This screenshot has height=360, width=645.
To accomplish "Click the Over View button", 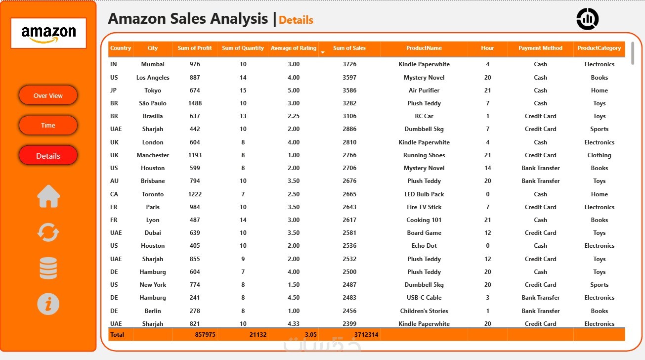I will point(48,95).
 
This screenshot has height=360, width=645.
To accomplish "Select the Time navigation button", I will point(48,125).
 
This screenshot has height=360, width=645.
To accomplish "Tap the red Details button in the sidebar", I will point(48,156).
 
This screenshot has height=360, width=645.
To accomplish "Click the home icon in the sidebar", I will point(48,196).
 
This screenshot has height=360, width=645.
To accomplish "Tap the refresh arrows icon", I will point(48,232).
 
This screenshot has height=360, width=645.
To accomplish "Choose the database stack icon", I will point(48,269).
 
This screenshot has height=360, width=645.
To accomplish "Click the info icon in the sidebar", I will point(48,304).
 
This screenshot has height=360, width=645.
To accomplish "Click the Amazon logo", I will point(48,33).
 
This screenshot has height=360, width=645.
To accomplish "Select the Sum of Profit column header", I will point(195,48).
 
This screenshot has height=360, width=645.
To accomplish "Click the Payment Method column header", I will point(540,48).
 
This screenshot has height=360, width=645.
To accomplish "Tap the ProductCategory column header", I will point(599,48).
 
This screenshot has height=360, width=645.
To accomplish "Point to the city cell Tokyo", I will point(153,90).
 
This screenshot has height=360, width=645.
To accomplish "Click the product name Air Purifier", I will point(424,90).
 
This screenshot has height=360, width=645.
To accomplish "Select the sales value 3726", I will point(349,64).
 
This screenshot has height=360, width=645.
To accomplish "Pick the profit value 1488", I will point(195,103).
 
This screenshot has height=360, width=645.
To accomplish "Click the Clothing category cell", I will point(599,155).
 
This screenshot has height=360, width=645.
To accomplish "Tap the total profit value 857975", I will point(205,335).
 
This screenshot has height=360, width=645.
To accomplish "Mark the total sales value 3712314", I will point(366,335).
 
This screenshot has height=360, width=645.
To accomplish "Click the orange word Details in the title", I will point(296,20).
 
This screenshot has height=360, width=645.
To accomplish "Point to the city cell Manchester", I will point(153,155).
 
